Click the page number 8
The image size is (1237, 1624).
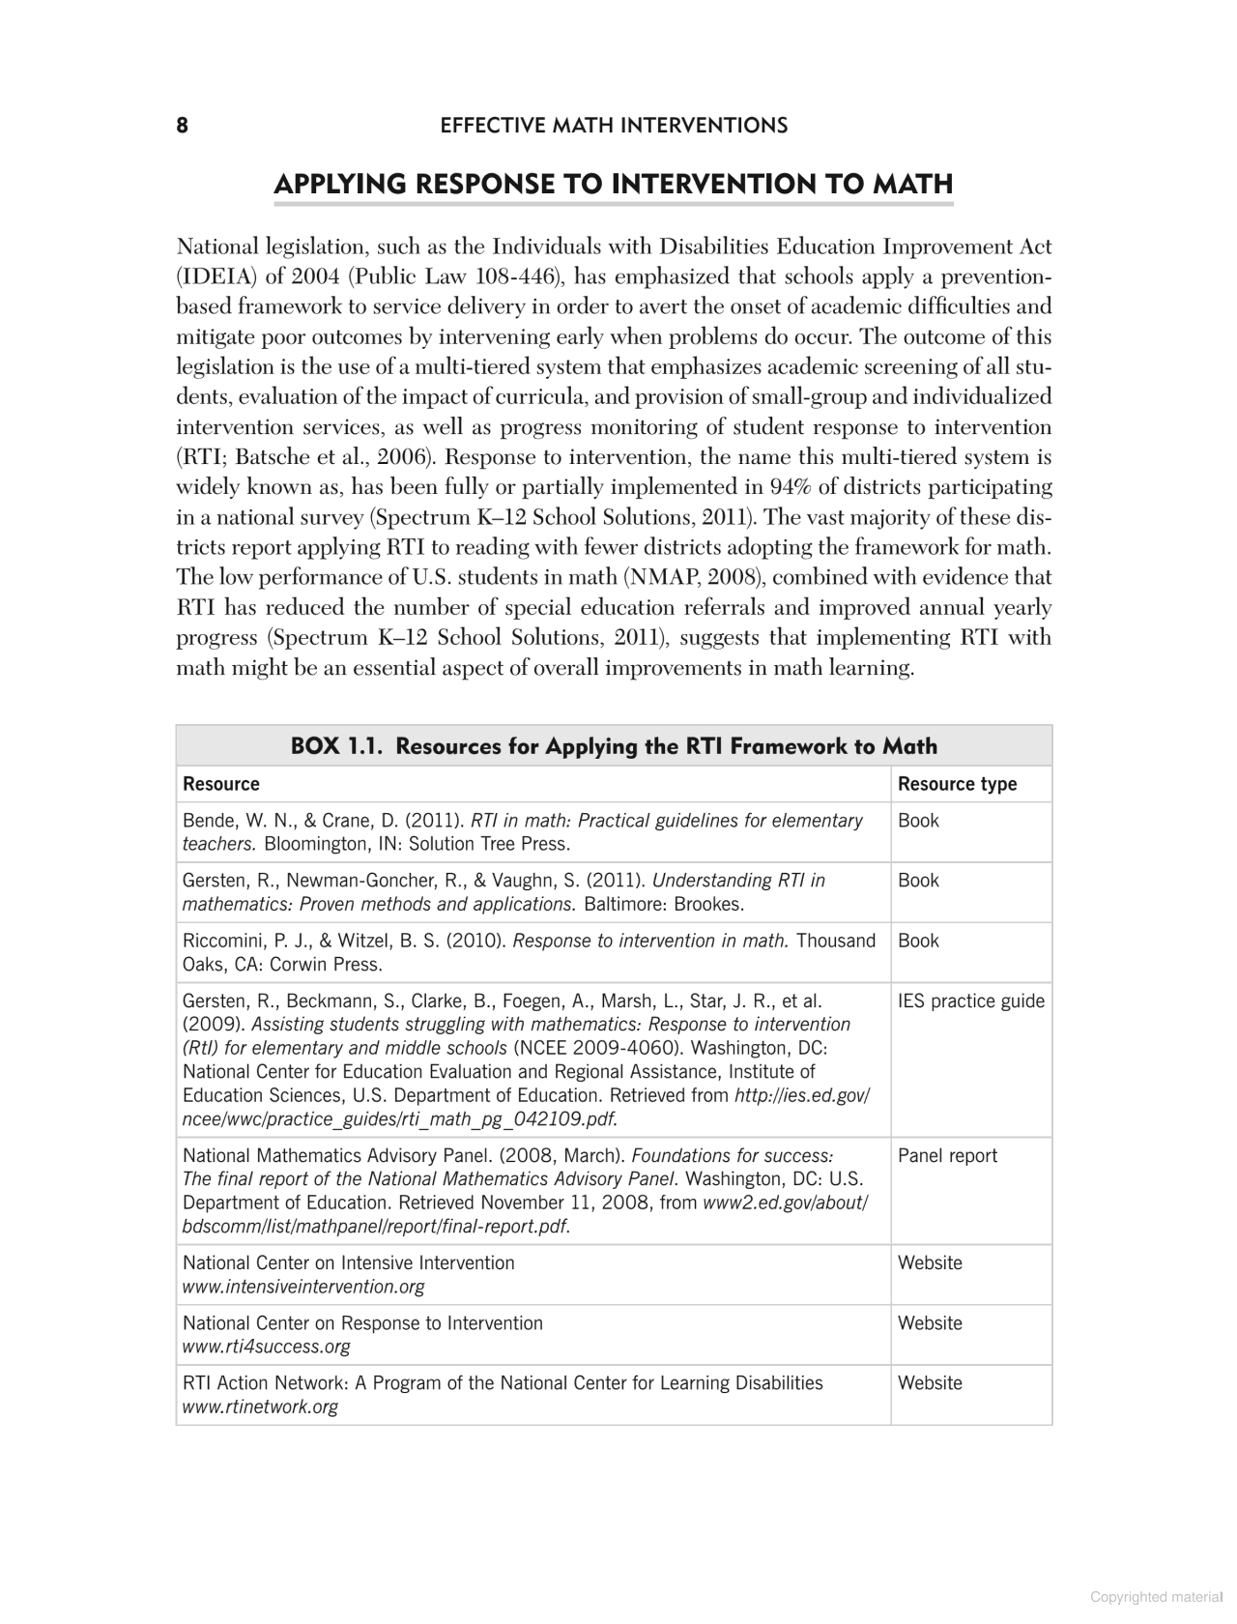pyautogui.click(x=182, y=126)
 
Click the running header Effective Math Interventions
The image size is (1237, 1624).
pyautogui.click(x=614, y=126)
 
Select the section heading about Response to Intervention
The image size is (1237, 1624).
pyautogui.click(x=614, y=184)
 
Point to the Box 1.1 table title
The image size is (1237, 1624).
pyautogui.click(x=614, y=746)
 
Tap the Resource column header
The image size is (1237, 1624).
pyautogui.click(x=221, y=784)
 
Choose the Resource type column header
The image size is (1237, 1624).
pyautogui.click(x=957, y=784)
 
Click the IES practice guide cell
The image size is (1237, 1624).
pyautogui.click(x=970, y=1001)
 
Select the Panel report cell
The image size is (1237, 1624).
pyautogui.click(x=947, y=1156)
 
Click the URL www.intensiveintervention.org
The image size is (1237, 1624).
pyautogui.click(x=303, y=1287)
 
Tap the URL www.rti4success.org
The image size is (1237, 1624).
pyautogui.click(x=267, y=1347)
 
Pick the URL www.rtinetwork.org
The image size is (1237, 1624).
pyautogui.click(x=261, y=1406)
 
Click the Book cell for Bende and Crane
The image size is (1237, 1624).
pyautogui.click(x=918, y=821)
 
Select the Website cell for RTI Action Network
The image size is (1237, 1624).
pyautogui.click(x=930, y=1383)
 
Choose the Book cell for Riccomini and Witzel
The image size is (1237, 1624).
pyautogui.click(x=918, y=941)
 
